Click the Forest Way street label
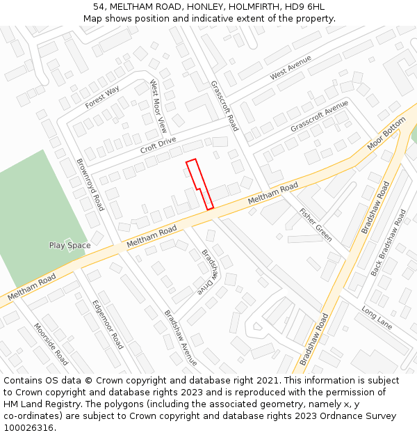[x=102, y=97]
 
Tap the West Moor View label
[x=158, y=106]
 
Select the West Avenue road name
[x=291, y=67]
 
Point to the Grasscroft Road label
[x=224, y=106]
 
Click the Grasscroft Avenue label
[x=319, y=117]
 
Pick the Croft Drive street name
[x=158, y=145]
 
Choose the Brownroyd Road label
[x=90, y=184]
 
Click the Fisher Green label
[x=316, y=224]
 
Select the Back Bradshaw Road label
[x=388, y=243]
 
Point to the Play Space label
[x=69, y=245]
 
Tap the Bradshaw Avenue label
[x=181, y=338]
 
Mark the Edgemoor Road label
[x=108, y=324]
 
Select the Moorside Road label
[x=51, y=344]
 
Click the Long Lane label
[x=377, y=318]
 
